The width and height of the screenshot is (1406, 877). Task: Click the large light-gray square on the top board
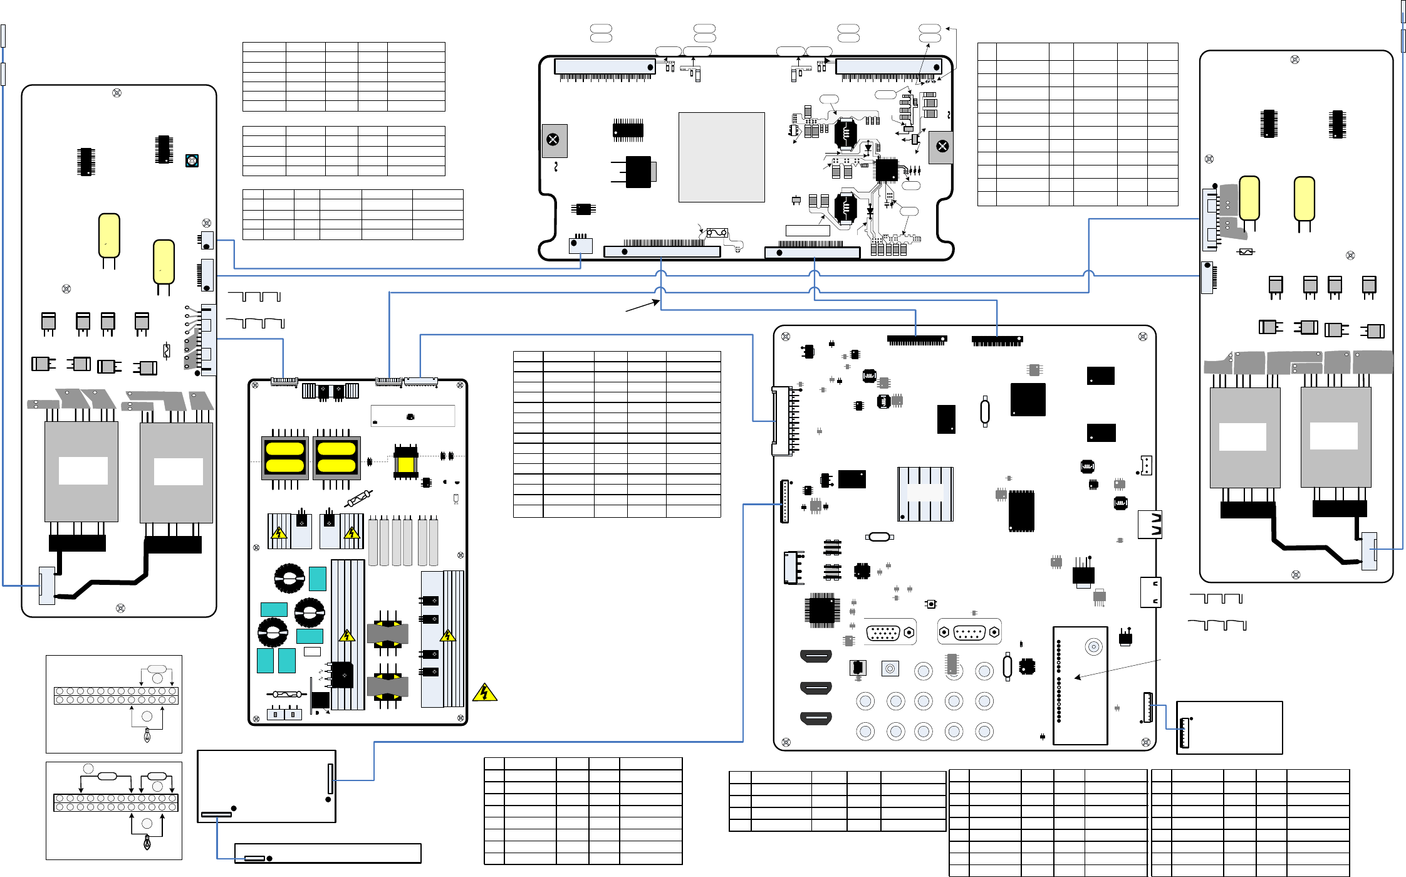[721, 157]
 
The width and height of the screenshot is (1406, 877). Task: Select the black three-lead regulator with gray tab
[638, 172]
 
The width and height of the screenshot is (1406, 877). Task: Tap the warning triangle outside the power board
[484, 692]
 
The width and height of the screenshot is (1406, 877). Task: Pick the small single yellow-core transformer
[405, 463]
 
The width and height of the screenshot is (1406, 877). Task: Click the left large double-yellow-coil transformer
[284, 457]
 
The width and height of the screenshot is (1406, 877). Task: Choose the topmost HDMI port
[816, 656]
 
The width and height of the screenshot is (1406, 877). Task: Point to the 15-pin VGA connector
[883, 633]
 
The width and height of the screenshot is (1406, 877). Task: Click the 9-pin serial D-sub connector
[969, 633]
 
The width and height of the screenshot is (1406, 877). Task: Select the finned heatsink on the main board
[925, 494]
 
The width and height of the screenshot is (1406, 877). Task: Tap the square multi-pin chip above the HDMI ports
[821, 610]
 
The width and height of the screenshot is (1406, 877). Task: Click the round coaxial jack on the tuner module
[1093, 646]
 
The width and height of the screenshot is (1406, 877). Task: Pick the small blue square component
[192, 160]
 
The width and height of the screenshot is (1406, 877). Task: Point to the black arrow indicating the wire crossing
[643, 306]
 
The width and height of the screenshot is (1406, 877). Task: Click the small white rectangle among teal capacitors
[312, 651]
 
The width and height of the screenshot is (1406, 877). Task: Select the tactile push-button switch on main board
[932, 604]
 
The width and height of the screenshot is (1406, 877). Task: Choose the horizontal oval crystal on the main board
[879, 537]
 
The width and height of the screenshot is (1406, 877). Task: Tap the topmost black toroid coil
[289, 578]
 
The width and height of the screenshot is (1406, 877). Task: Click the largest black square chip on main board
[1028, 399]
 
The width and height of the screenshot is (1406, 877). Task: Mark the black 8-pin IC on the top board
[583, 209]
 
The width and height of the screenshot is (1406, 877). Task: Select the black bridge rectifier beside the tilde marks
[342, 675]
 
